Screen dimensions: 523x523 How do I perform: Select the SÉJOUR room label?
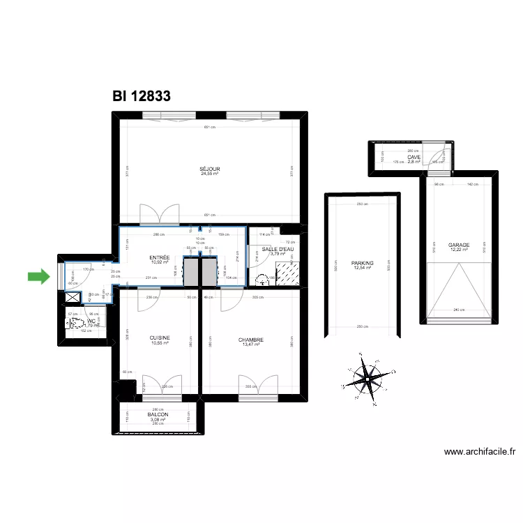tap(210, 169)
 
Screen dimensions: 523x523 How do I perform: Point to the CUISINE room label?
tap(160, 338)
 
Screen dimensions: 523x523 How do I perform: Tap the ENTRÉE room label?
tap(160, 258)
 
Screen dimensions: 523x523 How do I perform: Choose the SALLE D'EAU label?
tap(278, 249)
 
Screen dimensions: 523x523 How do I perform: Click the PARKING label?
tap(363, 263)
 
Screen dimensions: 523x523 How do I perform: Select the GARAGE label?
tap(458, 245)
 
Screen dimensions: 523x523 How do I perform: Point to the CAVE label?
tap(414, 158)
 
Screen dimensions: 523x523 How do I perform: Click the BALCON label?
tap(158, 414)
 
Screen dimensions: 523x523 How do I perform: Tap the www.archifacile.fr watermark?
tap(480, 452)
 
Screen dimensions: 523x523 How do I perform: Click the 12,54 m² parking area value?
tap(363, 268)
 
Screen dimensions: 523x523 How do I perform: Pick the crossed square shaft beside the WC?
tap(71, 296)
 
